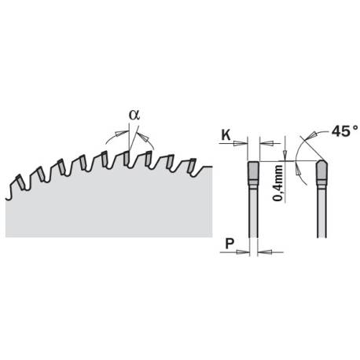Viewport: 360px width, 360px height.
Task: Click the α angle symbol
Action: click(134, 115)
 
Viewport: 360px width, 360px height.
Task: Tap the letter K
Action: click(226, 135)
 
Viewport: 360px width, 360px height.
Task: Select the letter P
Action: click(230, 244)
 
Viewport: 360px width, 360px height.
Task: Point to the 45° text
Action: click(344, 131)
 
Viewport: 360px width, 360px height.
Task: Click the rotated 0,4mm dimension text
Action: click(278, 183)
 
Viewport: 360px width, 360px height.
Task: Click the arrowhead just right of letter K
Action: click(240, 143)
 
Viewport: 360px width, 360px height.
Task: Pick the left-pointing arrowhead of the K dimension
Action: click(266, 143)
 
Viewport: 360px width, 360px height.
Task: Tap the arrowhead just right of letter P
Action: click(243, 252)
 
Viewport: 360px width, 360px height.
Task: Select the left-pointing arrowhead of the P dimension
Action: click(264, 252)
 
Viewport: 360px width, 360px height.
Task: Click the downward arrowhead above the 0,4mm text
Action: click(285, 154)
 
